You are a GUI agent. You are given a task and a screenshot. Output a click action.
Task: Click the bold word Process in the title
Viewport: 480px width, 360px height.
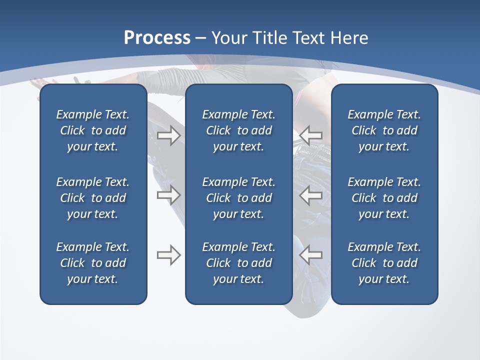[x=157, y=38]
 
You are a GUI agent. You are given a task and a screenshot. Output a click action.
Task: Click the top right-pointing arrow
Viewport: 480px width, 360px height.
[x=169, y=135]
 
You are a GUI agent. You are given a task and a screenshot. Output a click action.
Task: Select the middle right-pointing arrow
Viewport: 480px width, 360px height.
[x=169, y=194]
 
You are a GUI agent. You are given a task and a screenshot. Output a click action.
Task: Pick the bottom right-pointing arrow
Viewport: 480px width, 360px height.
[x=169, y=255]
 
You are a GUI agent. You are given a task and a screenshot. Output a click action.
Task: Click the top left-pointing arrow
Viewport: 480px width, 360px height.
[x=311, y=135]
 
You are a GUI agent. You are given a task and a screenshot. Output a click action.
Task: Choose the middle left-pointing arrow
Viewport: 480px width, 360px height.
[x=311, y=194]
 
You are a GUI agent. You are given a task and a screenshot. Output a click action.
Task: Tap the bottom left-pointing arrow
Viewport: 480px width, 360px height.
[x=311, y=255]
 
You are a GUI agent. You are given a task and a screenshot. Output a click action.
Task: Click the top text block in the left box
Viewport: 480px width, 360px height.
[x=93, y=130]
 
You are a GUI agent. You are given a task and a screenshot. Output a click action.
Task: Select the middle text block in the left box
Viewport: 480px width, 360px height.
[x=93, y=198]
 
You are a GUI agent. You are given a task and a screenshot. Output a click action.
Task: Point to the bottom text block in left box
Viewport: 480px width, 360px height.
[x=93, y=263]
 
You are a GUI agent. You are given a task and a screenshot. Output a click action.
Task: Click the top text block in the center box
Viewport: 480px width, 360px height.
[x=238, y=130]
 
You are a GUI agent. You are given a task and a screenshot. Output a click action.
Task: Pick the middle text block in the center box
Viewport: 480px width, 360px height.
[x=238, y=198]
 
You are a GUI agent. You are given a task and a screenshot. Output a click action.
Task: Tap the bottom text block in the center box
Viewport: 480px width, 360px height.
[x=238, y=263]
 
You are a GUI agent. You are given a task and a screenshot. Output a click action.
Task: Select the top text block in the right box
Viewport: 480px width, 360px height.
[x=384, y=130]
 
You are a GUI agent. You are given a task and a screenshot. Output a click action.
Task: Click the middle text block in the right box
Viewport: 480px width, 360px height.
[x=384, y=198]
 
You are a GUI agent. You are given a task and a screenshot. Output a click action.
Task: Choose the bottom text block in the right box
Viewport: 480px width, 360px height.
[x=384, y=263]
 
